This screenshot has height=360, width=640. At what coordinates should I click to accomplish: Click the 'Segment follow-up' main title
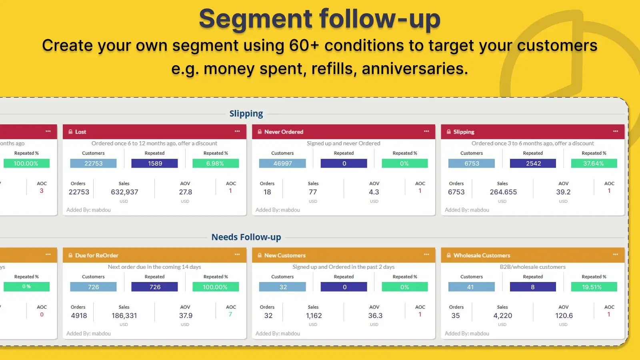click(320, 19)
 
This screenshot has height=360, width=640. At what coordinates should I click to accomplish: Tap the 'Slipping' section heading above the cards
click(246, 114)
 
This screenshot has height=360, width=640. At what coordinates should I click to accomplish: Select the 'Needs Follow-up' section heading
click(246, 237)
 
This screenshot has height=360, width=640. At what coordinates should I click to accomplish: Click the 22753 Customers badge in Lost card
click(93, 164)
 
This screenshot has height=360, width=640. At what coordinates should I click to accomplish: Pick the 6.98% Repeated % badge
click(215, 164)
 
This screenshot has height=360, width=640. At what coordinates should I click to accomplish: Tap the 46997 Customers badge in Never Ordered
click(282, 164)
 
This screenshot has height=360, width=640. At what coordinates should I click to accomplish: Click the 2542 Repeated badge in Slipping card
click(533, 164)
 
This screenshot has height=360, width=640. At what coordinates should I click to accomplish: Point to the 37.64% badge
click(594, 164)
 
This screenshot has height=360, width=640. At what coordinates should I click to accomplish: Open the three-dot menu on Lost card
click(237, 131)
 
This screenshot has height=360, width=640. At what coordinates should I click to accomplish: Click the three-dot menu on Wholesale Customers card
click(616, 255)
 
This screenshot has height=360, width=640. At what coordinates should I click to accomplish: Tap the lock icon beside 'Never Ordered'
click(260, 132)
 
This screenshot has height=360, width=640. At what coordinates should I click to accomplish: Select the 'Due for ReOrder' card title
click(97, 255)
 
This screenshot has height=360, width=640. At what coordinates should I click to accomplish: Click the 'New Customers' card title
click(285, 255)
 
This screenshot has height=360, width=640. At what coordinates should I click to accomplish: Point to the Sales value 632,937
click(124, 192)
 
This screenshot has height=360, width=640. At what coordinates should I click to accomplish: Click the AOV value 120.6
click(564, 316)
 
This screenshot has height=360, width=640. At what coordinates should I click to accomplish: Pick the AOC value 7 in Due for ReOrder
click(230, 314)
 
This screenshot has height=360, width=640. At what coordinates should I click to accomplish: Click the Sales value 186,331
click(124, 316)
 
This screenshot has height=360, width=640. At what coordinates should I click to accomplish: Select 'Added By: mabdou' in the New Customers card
click(278, 334)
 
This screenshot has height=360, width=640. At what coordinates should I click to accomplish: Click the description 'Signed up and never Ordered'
click(343, 143)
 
